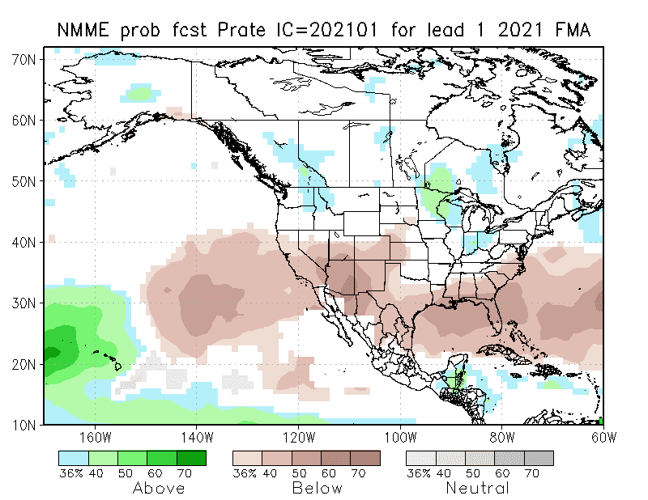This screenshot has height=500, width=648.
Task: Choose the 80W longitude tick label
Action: tap(502, 438)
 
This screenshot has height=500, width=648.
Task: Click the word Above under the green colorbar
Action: tap(159, 489)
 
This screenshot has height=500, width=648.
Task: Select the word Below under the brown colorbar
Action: tap(318, 489)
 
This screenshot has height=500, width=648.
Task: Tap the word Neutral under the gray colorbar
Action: tap(479, 489)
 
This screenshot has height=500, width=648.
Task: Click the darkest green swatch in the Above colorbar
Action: tap(191, 458)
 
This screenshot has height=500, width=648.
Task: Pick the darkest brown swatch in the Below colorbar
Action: tap(365, 458)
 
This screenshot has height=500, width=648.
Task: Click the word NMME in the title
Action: tap(87, 31)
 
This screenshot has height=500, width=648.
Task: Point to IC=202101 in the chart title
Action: tap(318, 31)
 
